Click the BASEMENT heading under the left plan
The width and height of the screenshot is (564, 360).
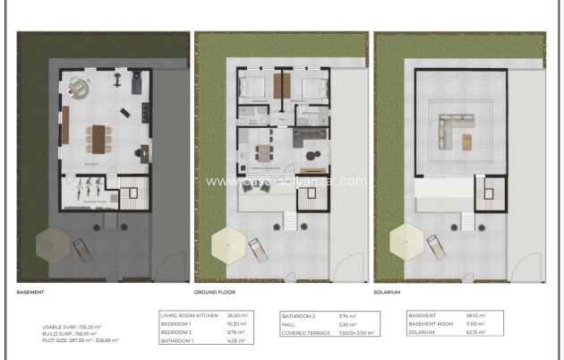[32, 292]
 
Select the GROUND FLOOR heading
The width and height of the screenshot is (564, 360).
[214, 292]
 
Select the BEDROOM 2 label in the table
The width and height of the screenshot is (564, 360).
[175, 331]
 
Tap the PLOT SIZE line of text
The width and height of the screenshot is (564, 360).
[81, 340]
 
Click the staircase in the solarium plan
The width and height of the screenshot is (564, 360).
[491, 191]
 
